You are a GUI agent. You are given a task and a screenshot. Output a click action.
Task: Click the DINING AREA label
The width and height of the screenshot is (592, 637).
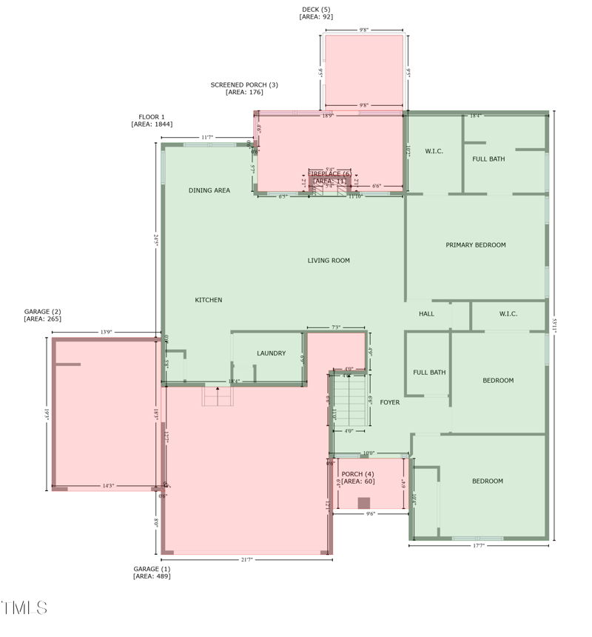tap(209, 190)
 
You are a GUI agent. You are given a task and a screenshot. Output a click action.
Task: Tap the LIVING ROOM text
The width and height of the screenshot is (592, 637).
tap(329, 260)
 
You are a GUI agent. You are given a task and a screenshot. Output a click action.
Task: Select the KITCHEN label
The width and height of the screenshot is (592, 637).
tap(208, 300)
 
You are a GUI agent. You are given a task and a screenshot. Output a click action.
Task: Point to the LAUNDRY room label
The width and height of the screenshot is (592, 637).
tap(271, 353)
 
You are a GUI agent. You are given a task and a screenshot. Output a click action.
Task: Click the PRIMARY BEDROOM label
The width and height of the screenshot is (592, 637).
tap(475, 245)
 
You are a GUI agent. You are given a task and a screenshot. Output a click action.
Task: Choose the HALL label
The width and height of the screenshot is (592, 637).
tap(426, 314)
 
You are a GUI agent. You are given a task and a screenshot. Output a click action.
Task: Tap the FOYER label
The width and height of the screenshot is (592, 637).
tap(389, 402)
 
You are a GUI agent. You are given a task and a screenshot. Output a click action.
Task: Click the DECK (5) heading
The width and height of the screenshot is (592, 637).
tap(315, 9)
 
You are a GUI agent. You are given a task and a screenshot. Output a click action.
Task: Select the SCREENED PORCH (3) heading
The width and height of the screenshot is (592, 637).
tap(244, 85)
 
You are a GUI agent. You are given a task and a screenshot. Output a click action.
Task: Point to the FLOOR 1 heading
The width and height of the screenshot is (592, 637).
tap(152, 117)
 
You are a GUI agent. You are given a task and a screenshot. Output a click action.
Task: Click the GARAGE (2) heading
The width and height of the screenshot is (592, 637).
tap(42, 312)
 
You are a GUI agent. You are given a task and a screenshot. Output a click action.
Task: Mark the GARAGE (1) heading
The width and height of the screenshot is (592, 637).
tap(152, 569)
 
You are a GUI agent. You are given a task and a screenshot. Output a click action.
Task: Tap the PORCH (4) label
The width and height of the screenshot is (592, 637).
tap(357, 474)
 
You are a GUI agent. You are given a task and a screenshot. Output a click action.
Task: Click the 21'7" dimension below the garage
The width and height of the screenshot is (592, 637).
tap(246, 560)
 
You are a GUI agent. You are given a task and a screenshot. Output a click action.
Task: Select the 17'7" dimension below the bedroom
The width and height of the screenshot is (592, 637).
tap(478, 546)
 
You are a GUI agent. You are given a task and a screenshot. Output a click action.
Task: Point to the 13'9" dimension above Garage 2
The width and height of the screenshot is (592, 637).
tap(107, 333)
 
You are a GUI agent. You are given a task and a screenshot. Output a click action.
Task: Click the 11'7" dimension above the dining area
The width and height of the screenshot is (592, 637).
tap(207, 138)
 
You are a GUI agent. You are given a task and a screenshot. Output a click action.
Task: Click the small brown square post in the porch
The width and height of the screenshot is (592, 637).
tap(363, 503)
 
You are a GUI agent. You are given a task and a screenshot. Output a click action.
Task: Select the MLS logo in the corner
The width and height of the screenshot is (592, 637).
tap(24, 608)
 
